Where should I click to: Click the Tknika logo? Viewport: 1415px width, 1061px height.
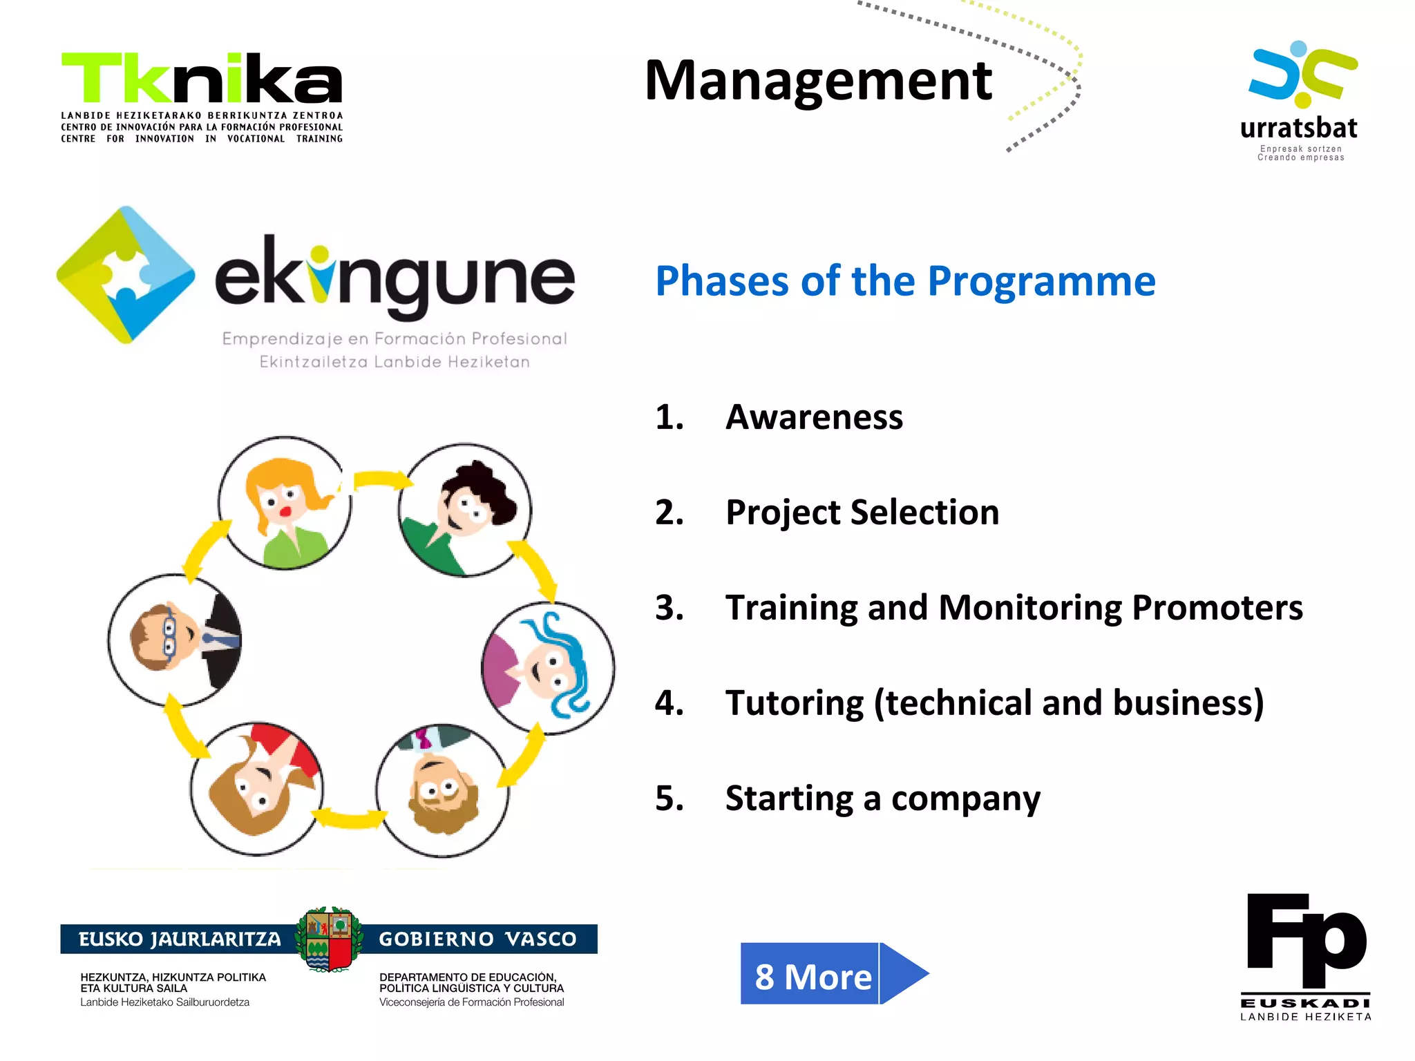[202, 97]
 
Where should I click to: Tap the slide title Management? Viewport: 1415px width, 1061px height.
[818, 81]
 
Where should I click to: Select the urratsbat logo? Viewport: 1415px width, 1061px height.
[1300, 100]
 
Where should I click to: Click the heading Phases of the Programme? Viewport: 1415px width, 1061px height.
[905, 281]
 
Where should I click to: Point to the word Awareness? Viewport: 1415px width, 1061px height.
[814, 417]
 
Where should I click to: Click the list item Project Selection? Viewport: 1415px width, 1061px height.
[862, 513]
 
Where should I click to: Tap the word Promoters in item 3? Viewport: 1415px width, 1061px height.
[1217, 608]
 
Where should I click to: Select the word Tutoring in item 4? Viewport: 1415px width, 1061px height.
[794, 703]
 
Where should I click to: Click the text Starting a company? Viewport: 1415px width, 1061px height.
[882, 799]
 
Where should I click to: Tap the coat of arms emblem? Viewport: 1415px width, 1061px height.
[330, 939]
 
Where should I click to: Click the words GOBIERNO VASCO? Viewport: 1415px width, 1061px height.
[477, 939]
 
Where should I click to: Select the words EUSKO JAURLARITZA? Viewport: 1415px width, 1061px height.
[180, 939]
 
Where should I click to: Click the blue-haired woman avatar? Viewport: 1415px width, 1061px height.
[548, 668]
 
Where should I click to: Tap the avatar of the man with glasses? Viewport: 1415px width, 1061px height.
[175, 640]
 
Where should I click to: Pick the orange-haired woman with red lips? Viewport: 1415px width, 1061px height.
[285, 503]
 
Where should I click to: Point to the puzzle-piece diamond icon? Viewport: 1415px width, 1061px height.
[126, 275]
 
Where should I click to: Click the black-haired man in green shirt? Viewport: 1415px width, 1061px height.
[465, 510]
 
